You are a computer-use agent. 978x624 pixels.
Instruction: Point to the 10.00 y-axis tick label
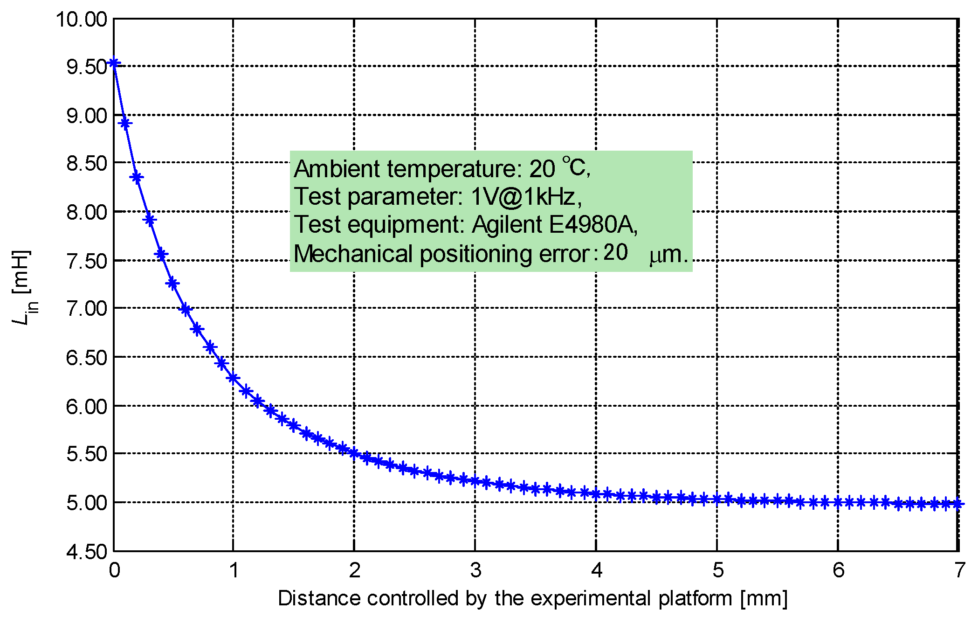pyautogui.click(x=82, y=20)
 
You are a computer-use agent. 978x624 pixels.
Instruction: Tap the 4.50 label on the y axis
pyautogui.click(x=87, y=552)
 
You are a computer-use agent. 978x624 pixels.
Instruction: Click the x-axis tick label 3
pyautogui.click(x=475, y=570)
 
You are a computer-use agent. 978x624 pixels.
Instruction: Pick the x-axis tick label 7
pyautogui.click(x=959, y=570)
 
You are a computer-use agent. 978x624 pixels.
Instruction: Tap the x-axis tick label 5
pyautogui.click(x=717, y=570)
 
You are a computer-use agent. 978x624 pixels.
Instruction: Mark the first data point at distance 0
pyautogui.click(x=114, y=63)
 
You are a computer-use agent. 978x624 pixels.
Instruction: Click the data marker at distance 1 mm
pyautogui.click(x=233, y=378)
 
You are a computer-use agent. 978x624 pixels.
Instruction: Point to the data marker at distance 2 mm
pyautogui.click(x=354, y=452)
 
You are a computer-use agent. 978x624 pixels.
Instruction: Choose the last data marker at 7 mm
pyautogui.click(x=957, y=504)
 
